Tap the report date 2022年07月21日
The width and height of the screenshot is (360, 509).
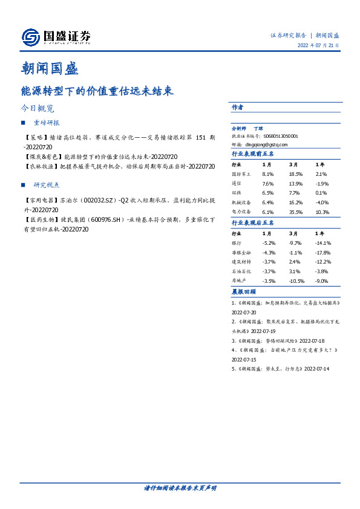318,45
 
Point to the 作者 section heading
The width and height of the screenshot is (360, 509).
237,107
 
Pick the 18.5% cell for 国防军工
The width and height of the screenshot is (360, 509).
296,173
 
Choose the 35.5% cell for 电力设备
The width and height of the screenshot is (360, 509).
296,212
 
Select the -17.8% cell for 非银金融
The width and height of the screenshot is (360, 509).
324,252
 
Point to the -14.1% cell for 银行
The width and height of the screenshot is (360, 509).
324,242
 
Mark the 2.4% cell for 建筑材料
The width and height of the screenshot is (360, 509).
295,262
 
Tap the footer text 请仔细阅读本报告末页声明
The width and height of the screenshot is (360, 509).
180,488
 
